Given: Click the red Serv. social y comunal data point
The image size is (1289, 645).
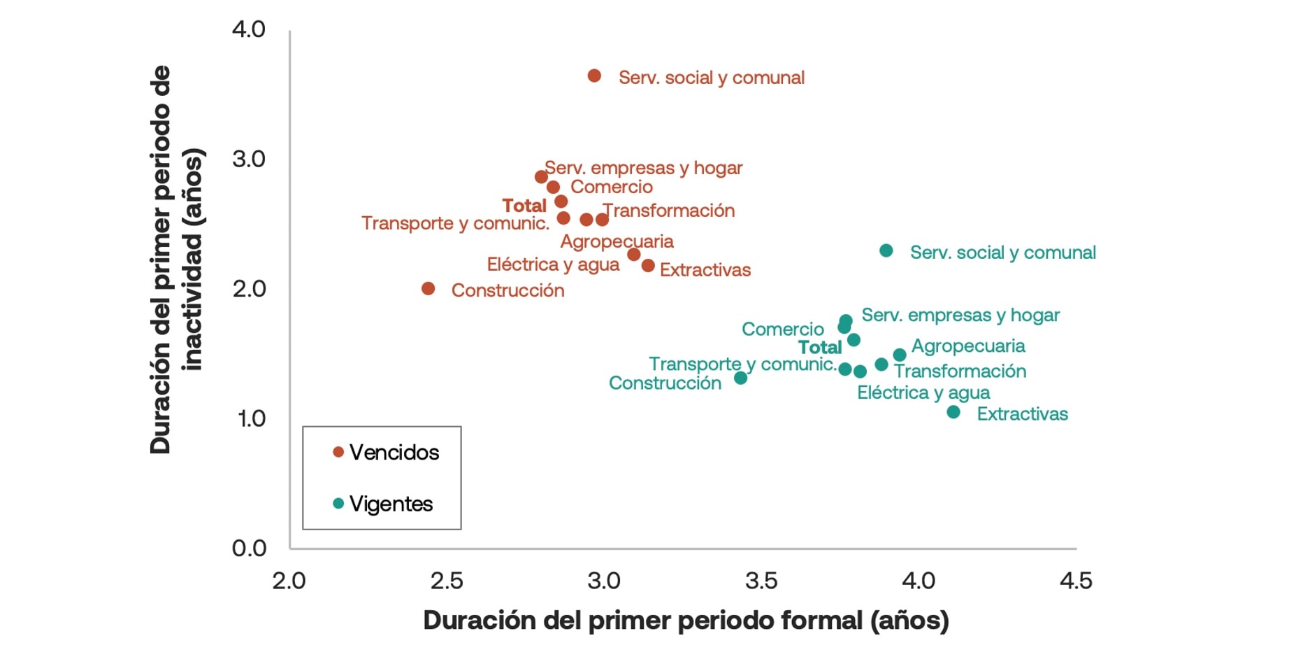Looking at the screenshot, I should (594, 76).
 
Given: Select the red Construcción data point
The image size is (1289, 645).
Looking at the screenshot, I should (429, 288).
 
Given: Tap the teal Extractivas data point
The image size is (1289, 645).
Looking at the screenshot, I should (953, 412).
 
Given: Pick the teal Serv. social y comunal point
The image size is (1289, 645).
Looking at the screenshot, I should (886, 250).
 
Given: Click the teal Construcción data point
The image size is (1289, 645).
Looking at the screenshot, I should (741, 378).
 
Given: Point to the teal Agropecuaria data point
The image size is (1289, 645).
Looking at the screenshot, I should (900, 355).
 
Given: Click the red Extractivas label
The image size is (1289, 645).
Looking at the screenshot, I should (705, 270).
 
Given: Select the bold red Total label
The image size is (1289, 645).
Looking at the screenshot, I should (524, 206).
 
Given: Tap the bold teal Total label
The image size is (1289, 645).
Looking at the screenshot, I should (820, 348).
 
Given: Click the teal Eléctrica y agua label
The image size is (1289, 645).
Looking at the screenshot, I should (923, 392).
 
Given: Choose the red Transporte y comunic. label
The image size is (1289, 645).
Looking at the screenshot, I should (455, 223).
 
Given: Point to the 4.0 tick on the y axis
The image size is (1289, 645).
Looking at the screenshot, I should (249, 29).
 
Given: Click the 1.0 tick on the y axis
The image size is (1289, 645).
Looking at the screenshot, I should (251, 418).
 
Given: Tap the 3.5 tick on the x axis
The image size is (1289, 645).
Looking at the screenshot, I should (761, 581).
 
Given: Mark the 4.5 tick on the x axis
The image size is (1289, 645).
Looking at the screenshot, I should (1076, 581).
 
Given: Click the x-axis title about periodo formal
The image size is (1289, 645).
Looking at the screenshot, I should (686, 621).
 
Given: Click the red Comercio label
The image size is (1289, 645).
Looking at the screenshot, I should (611, 187).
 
